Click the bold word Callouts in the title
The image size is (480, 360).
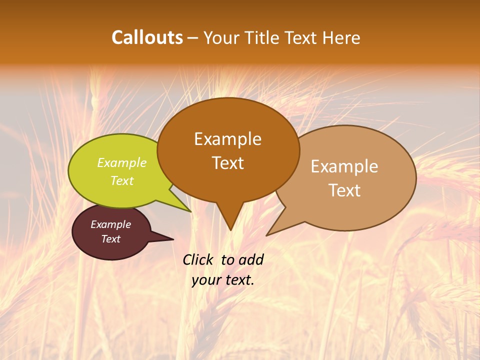pyautogui.click(x=147, y=38)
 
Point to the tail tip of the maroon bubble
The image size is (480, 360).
pyautogui.click(x=172, y=239)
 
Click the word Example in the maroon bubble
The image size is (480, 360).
pyautogui.click(x=110, y=224)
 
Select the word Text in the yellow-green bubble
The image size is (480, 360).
pyautogui.click(x=122, y=181)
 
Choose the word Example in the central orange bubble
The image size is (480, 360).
pyautogui.click(x=228, y=139)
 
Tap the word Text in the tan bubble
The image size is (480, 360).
pyautogui.click(x=344, y=190)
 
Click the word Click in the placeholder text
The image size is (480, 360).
pyautogui.click(x=198, y=259)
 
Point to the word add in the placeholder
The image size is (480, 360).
pyautogui.click(x=251, y=259)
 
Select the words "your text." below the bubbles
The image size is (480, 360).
pyautogui.click(x=223, y=280)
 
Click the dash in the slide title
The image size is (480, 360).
pyautogui.click(x=193, y=38)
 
